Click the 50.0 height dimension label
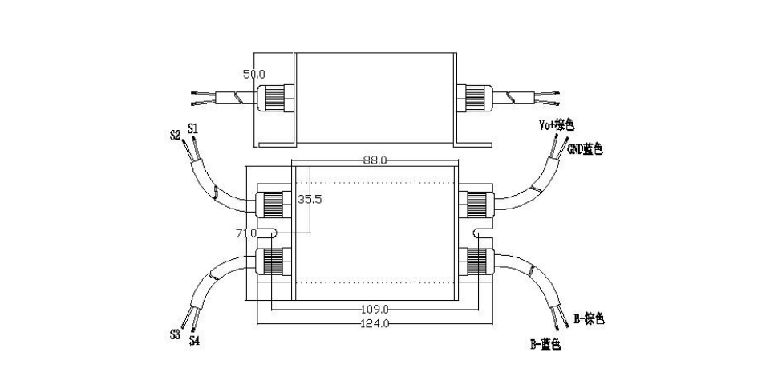coord(254,75)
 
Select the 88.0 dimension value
coord(375,160)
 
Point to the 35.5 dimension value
coord(310,200)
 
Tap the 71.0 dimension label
coord(247,233)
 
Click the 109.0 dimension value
coord(375,310)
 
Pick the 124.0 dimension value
coord(375,324)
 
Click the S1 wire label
coord(193,129)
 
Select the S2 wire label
coord(176,135)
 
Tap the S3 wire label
coord(175,334)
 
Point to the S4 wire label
coord(194,340)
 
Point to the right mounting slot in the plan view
coord(483,233)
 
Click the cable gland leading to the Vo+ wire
coord(477,203)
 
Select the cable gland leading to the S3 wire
coord(274,261)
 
